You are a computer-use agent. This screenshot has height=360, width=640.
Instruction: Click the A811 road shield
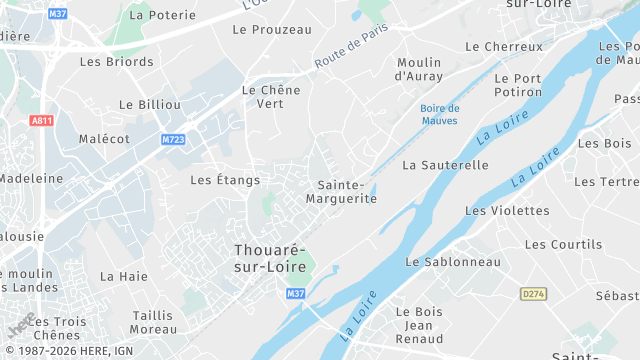point(41,120)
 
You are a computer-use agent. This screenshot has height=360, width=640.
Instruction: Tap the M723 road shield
point(174,139)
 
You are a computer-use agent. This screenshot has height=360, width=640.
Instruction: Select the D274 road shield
point(533,294)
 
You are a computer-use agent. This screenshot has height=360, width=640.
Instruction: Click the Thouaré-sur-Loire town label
point(270,258)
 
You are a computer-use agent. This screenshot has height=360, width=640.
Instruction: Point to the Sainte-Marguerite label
point(347,192)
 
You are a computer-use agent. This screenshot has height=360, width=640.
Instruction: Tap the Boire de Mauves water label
point(440,114)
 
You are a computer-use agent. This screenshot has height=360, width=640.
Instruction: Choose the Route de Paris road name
point(351,47)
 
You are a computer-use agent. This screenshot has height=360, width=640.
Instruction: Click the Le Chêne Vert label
point(271,96)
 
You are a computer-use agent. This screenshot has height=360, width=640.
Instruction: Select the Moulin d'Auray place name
point(419,69)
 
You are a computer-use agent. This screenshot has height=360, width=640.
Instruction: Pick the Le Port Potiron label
point(517,85)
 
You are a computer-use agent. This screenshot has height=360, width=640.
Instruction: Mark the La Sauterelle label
point(445,164)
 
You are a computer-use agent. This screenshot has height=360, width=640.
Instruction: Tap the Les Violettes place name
point(507,211)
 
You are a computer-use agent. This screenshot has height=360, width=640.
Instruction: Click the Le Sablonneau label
point(453,262)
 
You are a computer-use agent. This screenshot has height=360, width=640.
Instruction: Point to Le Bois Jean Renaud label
point(419,326)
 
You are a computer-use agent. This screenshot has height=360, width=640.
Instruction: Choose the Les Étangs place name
point(225,180)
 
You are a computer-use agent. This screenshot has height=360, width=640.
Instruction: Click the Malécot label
point(104,139)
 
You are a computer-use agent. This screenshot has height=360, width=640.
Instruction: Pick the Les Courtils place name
point(563,245)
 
